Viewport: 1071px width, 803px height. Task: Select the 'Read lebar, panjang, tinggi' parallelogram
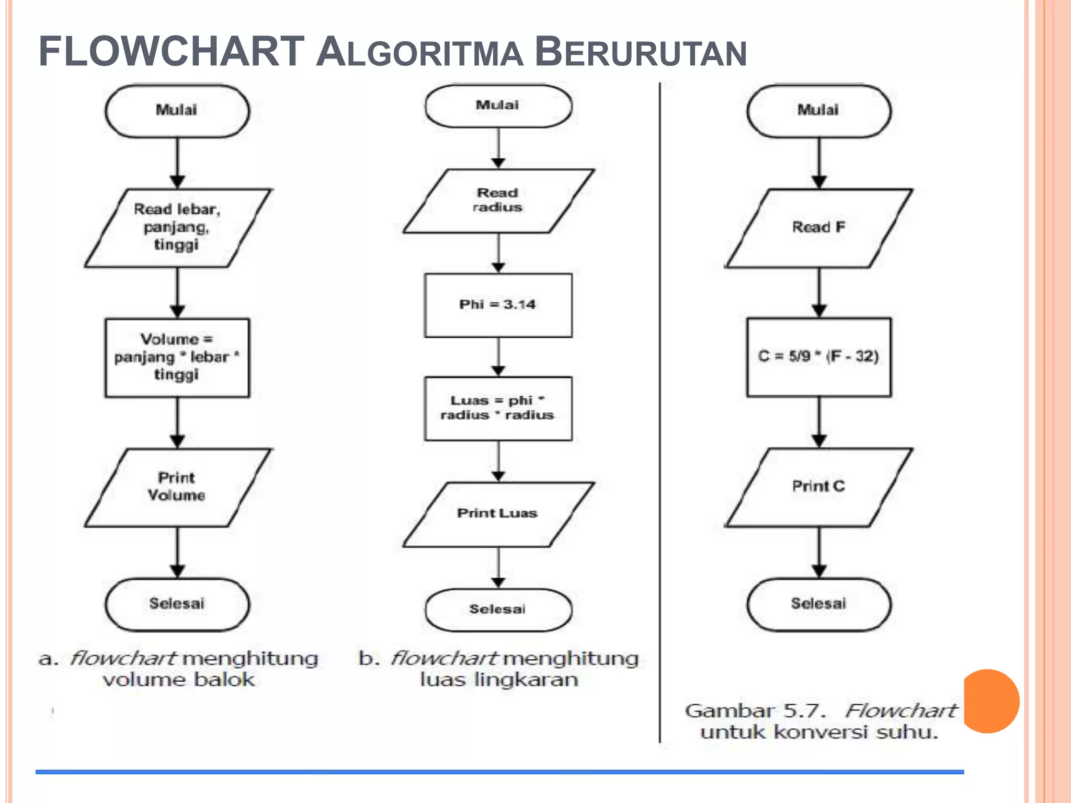point(177,228)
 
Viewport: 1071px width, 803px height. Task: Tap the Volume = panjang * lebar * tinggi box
point(177,358)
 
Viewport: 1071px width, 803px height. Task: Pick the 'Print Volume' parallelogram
point(177,487)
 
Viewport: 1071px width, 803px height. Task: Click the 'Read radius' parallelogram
point(498,201)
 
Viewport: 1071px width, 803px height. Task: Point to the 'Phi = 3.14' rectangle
point(498,305)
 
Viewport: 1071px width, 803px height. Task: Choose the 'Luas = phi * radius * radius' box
point(498,408)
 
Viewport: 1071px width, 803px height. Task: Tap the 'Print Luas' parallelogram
point(498,514)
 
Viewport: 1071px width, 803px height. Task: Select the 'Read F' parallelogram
point(818,228)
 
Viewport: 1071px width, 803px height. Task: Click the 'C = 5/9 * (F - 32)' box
point(818,357)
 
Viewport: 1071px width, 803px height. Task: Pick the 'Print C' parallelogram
point(818,487)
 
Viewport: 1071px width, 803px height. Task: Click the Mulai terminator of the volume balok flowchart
point(177,111)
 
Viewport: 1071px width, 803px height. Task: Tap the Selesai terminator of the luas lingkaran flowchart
point(498,610)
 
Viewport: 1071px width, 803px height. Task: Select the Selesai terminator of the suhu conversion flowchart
point(818,604)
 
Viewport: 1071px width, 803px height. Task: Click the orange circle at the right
point(990,701)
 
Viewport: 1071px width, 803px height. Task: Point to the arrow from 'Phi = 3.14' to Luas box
point(498,357)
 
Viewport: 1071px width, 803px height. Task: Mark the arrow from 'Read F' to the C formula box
point(819,293)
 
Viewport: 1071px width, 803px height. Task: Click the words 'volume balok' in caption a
point(178,680)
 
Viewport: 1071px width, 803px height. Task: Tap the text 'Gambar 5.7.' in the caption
point(755,711)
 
